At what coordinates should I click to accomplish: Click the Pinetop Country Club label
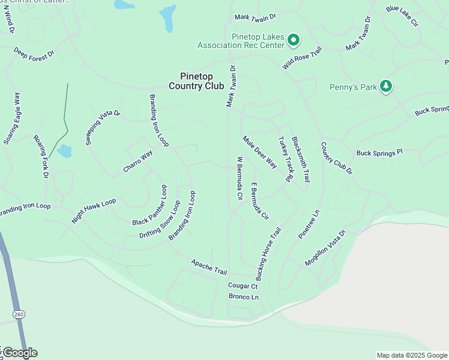point(196,81)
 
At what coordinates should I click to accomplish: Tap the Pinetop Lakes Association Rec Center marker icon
point(294,41)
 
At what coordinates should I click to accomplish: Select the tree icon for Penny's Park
point(387,87)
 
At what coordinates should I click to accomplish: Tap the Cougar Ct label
point(243,286)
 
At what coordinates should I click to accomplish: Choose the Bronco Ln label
point(243,297)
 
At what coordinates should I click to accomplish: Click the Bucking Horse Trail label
point(268,254)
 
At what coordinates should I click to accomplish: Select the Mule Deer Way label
point(260,152)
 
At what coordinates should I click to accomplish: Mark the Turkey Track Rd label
point(285,159)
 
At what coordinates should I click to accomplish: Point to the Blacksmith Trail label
point(301,159)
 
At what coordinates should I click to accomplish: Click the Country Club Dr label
point(336,158)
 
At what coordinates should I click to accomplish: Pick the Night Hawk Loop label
point(93,211)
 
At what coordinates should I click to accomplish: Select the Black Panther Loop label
point(149,205)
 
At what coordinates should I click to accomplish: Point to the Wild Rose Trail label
point(303,58)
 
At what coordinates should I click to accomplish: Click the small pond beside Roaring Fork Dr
point(64,151)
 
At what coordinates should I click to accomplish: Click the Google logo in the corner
point(20,352)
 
